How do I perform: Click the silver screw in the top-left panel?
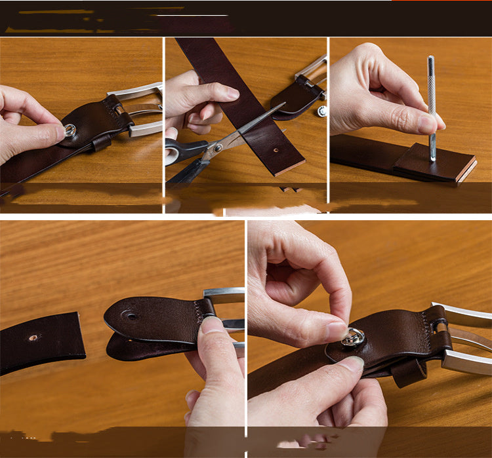[70, 130]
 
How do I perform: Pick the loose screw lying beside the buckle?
[322, 111]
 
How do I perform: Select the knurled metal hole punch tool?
[432, 105]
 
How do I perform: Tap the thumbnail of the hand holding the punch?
[427, 124]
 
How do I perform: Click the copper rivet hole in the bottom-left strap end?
[32, 338]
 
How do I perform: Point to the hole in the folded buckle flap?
[131, 316]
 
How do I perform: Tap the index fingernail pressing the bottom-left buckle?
[211, 324]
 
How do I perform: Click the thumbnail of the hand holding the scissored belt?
[230, 94]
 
